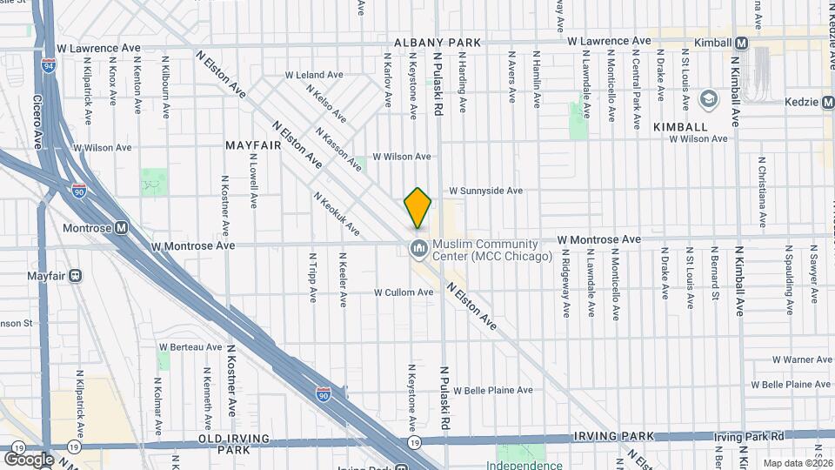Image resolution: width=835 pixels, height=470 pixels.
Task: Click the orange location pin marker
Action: (x=417, y=208)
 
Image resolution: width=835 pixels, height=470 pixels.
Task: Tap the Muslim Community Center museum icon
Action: (x=419, y=250)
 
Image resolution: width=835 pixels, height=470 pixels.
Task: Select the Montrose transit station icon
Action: (x=121, y=227)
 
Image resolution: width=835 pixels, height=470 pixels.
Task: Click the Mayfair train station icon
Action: (x=76, y=276)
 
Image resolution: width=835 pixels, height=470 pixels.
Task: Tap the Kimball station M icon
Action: (x=741, y=42)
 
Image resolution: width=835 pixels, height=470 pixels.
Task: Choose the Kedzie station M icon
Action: (x=826, y=102)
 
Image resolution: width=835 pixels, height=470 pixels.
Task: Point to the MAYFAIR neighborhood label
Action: (x=253, y=144)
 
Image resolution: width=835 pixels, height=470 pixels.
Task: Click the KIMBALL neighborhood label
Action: (x=679, y=127)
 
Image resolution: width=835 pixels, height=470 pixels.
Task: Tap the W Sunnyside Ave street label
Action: (x=485, y=191)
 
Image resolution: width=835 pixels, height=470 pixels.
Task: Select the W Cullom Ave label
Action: (x=404, y=292)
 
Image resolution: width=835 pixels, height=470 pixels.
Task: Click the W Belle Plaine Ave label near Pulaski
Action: (x=492, y=391)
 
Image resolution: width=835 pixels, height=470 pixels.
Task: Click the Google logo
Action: (x=29, y=459)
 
